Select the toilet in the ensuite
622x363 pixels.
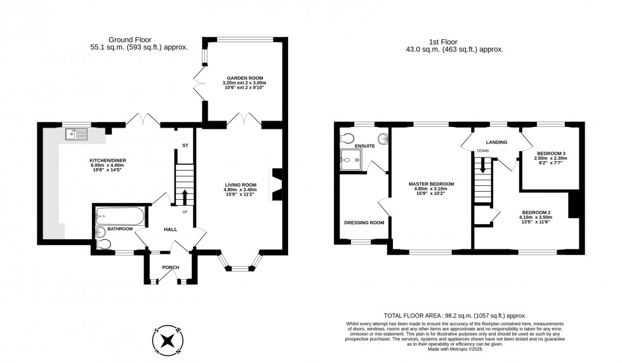pos(347,138)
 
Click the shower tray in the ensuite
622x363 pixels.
pos(350,159)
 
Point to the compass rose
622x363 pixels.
pos(168,340)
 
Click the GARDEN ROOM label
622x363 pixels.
pos(244,78)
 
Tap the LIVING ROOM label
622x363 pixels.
pos(240,185)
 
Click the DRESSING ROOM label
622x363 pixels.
pos(364,223)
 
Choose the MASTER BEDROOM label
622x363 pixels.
pos(430,184)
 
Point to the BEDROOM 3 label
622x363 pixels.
pos(551,154)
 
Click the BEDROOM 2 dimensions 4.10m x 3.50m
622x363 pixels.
pos(537,217)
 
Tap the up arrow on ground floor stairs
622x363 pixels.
pos(185,196)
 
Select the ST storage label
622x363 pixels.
pos(185,146)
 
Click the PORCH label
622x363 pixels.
pos(171,267)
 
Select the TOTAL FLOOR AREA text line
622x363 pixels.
pos(455,315)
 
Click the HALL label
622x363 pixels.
pos(171,229)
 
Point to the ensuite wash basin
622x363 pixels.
pos(383,139)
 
